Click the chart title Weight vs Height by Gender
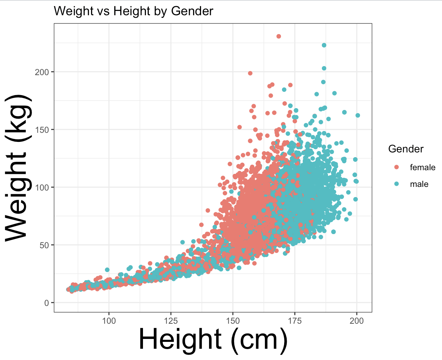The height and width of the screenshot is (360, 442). click(x=133, y=11)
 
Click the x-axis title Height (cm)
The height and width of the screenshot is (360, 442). click(x=213, y=340)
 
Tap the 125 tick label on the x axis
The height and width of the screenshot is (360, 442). click(x=171, y=321)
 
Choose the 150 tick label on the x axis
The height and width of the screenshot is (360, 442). click(x=233, y=321)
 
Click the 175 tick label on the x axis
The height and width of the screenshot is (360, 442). click(x=295, y=321)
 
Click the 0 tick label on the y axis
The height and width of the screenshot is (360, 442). click(x=47, y=303)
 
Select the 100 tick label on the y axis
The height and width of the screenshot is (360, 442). click(x=42, y=188)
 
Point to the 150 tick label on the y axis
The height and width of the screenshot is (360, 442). click(x=42, y=130)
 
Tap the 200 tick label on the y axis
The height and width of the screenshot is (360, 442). click(x=42, y=72)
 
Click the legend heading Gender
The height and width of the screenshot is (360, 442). click(x=406, y=149)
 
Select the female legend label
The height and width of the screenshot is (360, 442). click(x=422, y=167)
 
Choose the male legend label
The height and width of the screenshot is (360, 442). click(x=419, y=184)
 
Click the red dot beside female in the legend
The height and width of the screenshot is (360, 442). click(x=396, y=167)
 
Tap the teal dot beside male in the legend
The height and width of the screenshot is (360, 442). click(x=396, y=184)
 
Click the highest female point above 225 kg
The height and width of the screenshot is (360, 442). click(x=279, y=36)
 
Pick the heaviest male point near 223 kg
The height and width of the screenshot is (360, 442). click(x=324, y=45)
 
